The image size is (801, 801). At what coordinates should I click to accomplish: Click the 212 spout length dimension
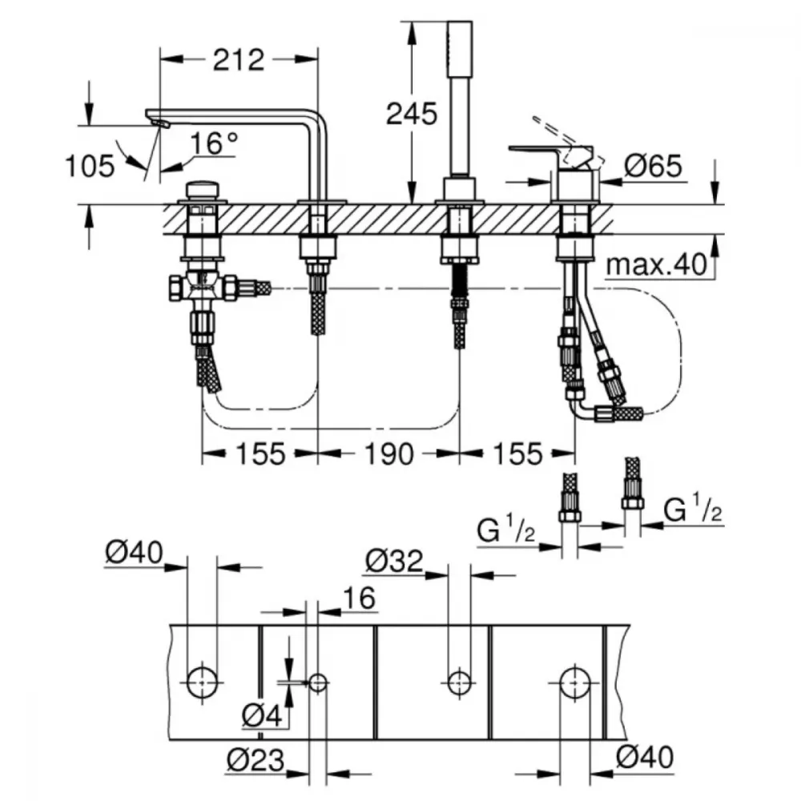pyautogui.click(x=239, y=60)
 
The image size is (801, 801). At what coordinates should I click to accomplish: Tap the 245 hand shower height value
pyautogui.click(x=412, y=114)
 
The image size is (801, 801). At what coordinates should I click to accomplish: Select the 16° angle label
pyautogui.click(x=214, y=143)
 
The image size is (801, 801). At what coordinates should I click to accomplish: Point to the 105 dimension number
pyautogui.click(x=91, y=166)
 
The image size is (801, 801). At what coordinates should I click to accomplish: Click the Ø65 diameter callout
pyautogui.click(x=654, y=166)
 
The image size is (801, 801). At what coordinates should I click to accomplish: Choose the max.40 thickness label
pyautogui.click(x=657, y=264)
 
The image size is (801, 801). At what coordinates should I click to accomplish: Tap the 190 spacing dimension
pyautogui.click(x=388, y=453)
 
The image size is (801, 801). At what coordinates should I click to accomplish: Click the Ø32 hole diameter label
pyautogui.click(x=394, y=561)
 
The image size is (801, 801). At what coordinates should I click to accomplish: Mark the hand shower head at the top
pyautogui.click(x=459, y=49)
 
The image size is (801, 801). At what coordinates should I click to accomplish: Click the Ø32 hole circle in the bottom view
pyautogui.click(x=459, y=682)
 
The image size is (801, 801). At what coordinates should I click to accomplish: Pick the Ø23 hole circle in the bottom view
pyautogui.click(x=318, y=682)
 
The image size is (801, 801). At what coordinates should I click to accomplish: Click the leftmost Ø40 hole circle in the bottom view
pyautogui.click(x=203, y=682)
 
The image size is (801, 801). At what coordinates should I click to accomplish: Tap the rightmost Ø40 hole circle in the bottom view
pyautogui.click(x=575, y=682)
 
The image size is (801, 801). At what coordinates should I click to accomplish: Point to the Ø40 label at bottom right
pyautogui.click(x=645, y=757)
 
